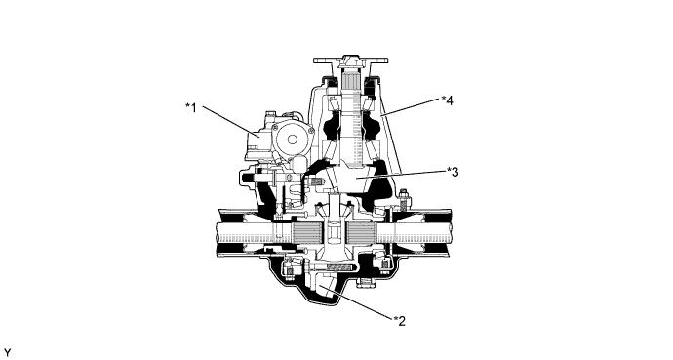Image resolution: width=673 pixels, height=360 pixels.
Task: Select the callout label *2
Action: [399, 318]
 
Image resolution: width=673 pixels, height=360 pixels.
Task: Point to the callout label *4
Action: [447, 100]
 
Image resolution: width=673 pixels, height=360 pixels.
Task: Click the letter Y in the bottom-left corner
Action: [8, 349]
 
